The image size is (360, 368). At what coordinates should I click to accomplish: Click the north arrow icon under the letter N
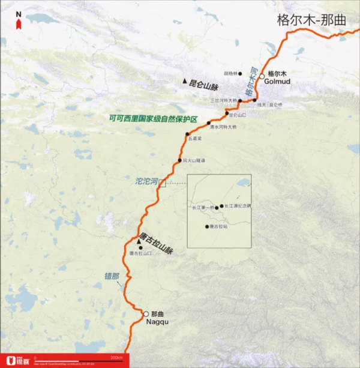click(x=19, y=22)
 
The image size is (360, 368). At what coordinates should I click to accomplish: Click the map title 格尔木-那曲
click(x=311, y=19)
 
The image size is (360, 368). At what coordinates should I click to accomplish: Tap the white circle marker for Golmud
click(x=262, y=77)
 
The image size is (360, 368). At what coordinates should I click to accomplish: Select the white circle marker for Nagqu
click(x=145, y=313)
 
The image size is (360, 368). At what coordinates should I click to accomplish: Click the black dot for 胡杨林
click(x=240, y=74)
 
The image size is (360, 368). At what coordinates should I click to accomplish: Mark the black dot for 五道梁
click(x=187, y=134)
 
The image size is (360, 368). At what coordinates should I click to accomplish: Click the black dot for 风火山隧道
click(x=179, y=160)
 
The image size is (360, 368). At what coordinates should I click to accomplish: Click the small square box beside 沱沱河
click(x=162, y=182)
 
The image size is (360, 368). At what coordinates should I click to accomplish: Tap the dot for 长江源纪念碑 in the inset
click(x=221, y=206)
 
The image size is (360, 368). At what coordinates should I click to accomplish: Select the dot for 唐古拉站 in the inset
click(x=207, y=226)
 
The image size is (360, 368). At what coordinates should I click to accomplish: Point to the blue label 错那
click(x=112, y=276)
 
